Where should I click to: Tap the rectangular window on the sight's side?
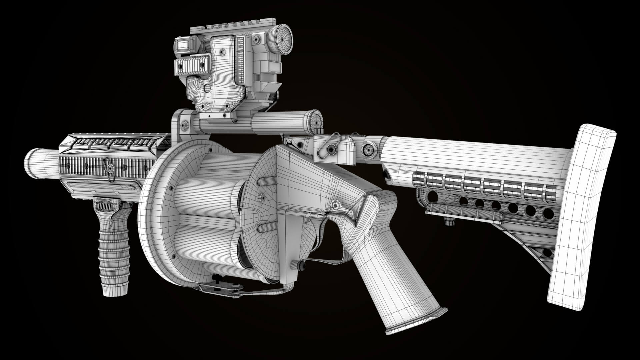pyautogui.click(x=182, y=45)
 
